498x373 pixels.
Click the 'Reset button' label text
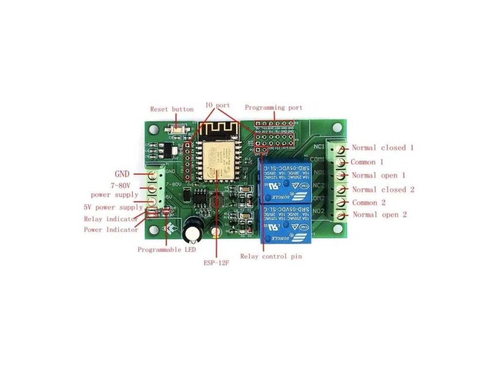(172, 109)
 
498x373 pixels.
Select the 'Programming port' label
(273, 108)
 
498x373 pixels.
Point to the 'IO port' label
(217, 105)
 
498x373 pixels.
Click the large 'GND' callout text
(122, 173)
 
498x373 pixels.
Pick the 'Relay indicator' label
(110, 220)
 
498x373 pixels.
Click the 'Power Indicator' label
(111, 230)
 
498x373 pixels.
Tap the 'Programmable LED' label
(167, 250)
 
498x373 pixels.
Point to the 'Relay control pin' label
(271, 256)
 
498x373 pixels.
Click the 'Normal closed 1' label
(383, 148)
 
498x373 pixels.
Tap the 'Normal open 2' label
(380, 215)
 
